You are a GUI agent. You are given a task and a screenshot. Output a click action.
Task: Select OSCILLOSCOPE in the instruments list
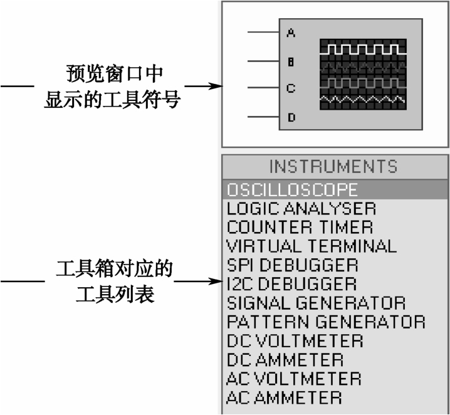coord(292,189)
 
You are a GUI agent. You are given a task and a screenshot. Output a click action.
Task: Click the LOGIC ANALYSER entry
coord(301,209)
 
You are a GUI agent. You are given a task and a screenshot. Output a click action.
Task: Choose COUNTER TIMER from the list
coord(300,228)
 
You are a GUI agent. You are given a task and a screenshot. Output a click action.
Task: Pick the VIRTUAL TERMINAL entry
coord(311,246)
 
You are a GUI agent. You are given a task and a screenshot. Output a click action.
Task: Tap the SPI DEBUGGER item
coord(293,265)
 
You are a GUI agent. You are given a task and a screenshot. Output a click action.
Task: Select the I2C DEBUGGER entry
coord(291,284)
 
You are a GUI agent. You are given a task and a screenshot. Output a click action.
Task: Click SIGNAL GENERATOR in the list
coord(317,303)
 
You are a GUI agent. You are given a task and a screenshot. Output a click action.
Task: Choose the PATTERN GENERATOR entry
coord(326,322)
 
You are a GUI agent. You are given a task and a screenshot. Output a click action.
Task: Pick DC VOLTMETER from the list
coord(295,341)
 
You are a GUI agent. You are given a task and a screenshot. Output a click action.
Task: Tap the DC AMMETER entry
coord(285,360)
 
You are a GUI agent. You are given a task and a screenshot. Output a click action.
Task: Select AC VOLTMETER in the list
coord(294,379)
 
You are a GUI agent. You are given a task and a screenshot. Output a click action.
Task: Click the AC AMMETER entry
coord(284,398)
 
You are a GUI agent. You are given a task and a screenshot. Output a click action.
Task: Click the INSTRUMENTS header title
coord(333,167)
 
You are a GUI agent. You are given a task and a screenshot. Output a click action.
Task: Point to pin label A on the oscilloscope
coord(291,33)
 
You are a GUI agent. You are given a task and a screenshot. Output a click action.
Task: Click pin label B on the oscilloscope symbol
coord(291,61)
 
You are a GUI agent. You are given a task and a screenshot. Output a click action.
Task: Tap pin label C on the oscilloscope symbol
coord(291,88)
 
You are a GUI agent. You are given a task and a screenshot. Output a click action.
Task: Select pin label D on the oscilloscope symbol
coord(291,117)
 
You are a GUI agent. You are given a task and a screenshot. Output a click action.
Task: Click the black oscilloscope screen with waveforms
coord(363,75)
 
